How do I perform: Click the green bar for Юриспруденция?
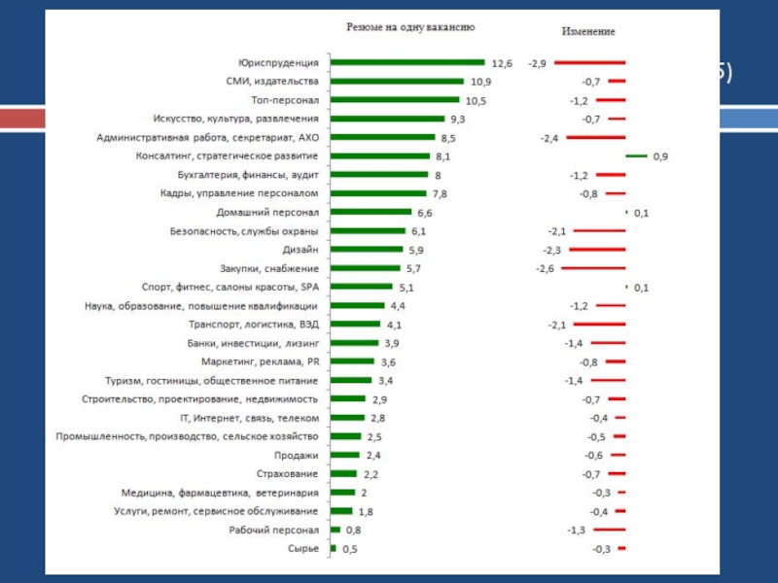[x=407, y=62]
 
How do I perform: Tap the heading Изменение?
[x=588, y=31]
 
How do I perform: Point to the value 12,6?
[x=502, y=63]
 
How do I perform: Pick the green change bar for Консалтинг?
[x=636, y=156]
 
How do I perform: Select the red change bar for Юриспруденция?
[x=590, y=62]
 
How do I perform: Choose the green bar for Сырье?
[x=334, y=549]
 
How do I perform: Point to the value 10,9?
[x=480, y=82]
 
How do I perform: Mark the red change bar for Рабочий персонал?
[x=609, y=531]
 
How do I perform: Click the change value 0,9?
[x=660, y=156]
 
